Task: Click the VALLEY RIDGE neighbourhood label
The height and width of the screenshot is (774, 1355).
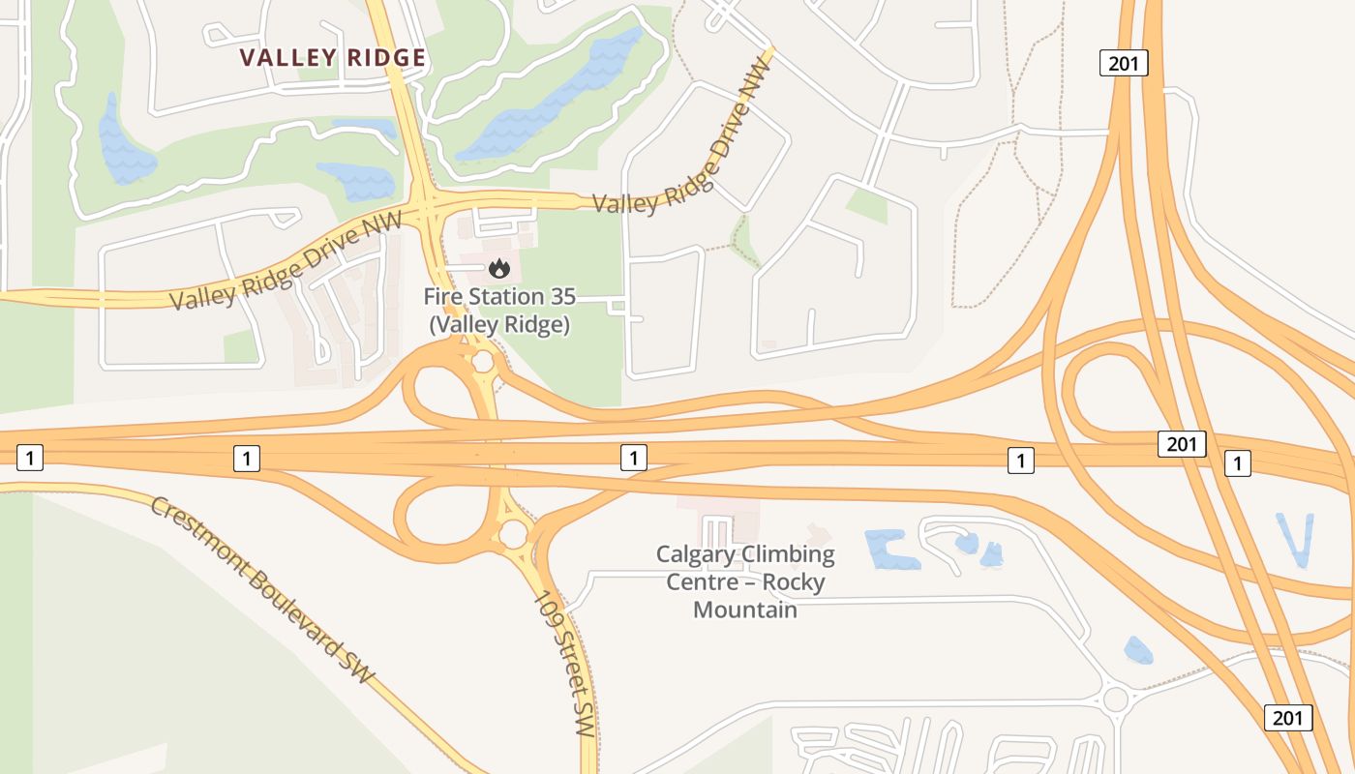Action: [x=333, y=58]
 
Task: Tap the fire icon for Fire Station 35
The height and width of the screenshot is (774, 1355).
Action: [x=499, y=268]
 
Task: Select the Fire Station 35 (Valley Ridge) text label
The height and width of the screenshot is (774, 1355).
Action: [x=499, y=311]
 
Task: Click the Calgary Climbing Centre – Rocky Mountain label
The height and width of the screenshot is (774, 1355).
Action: [x=745, y=581]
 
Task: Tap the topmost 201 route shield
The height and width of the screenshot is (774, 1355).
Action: [x=1124, y=64]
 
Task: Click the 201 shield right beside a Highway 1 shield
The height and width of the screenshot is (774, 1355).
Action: [x=1182, y=444]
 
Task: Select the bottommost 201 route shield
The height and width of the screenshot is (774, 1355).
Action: [x=1288, y=717]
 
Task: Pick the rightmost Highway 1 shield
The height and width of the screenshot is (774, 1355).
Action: [x=1238, y=463]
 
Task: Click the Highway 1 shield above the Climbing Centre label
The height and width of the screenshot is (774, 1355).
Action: [x=633, y=458]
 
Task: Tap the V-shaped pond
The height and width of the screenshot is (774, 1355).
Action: [x=1295, y=538]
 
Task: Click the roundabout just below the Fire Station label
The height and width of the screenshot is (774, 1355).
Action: [x=482, y=364]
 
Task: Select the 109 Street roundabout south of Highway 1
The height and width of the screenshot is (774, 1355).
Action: [x=513, y=533]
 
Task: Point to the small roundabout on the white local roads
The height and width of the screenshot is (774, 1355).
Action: [x=1116, y=699]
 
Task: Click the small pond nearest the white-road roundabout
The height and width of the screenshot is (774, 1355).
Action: [x=1139, y=650]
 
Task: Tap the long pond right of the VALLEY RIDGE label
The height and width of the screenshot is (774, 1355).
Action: [x=552, y=97]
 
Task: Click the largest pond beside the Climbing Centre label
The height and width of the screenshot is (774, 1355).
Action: [x=890, y=550]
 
